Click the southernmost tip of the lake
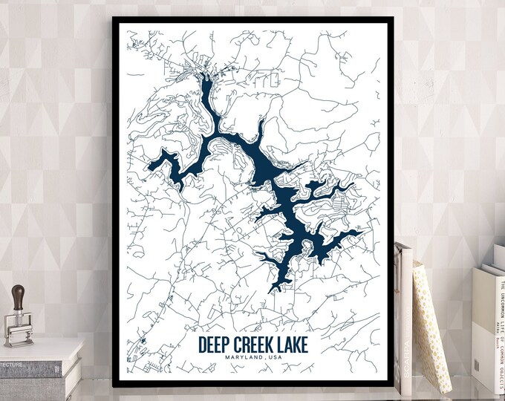tap(275, 290)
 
